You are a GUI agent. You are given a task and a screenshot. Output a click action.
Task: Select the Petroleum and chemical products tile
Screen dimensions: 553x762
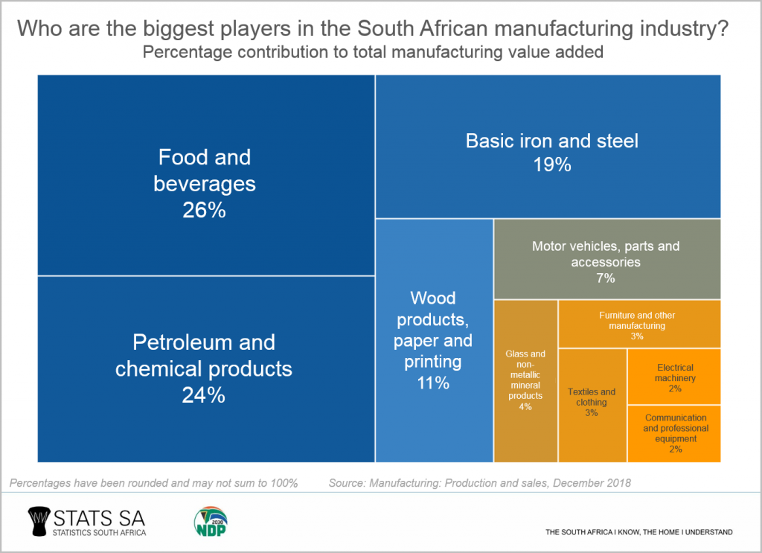pos(205,368)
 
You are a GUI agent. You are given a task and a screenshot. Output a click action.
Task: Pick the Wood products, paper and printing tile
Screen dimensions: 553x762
pos(433,340)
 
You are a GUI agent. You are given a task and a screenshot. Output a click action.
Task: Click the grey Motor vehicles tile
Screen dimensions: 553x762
pos(606,258)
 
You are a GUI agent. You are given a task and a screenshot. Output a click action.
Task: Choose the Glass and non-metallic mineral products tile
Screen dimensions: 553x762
pos(525,380)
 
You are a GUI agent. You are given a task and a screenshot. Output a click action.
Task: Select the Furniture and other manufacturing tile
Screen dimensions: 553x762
pos(638,324)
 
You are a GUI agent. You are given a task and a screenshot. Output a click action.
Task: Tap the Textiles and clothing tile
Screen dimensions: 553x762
pos(592,402)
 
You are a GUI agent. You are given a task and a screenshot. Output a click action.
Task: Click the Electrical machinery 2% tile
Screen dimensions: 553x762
pos(674,377)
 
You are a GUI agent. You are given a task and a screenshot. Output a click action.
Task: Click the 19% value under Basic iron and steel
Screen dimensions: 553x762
pos(551,164)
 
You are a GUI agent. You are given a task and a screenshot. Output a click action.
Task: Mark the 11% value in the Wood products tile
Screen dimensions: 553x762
pos(432,383)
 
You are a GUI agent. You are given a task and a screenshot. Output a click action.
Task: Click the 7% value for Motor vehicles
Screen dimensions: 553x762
pos(605,278)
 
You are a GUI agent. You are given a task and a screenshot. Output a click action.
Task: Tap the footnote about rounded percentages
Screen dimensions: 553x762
pos(154,483)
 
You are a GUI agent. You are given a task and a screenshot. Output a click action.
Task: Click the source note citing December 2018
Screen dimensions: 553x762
pos(479,483)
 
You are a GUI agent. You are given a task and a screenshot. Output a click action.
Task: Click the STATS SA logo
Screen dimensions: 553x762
pos(86,521)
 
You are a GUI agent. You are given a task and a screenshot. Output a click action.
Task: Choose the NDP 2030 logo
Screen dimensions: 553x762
pos(211,521)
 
